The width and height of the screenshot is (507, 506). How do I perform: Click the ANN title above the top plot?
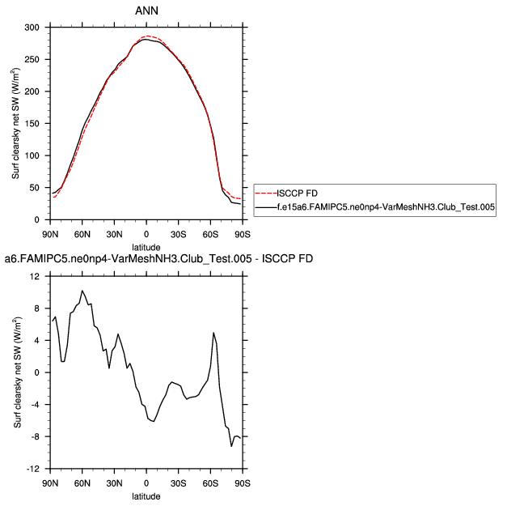point(146,11)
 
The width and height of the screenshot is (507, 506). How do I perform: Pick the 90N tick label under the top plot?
point(50,235)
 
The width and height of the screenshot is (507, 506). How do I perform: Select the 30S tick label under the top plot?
point(178,235)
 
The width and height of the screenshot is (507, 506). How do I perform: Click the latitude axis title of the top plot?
point(146,247)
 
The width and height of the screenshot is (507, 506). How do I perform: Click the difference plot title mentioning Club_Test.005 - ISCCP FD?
point(158,259)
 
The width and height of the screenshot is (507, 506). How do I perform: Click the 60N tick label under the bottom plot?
point(82,483)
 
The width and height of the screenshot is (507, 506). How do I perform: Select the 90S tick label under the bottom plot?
point(241,483)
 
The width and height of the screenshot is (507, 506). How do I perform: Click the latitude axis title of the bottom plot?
point(146,495)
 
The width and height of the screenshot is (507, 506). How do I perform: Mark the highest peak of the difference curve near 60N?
point(82,291)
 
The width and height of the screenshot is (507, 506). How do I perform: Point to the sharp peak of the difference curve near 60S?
point(213,333)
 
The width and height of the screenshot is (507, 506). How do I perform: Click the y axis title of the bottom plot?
point(18,372)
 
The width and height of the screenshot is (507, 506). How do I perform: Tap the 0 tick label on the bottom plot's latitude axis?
point(146,483)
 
